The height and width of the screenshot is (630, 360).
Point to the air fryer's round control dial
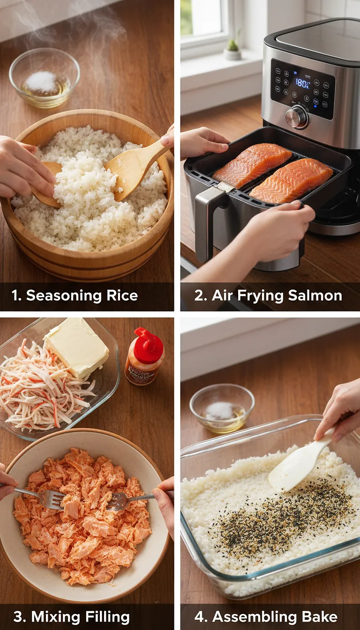(297, 116)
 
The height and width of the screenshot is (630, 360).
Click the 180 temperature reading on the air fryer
(302, 83)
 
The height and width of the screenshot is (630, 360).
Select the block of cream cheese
(77, 347)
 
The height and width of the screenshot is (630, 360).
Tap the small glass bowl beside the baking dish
(222, 408)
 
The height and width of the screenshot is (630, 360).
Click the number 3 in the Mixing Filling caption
(19, 617)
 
